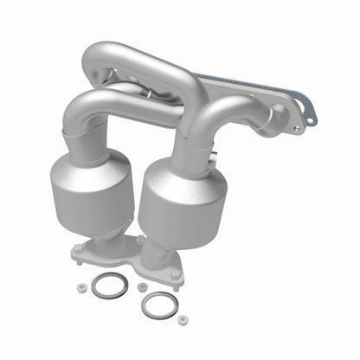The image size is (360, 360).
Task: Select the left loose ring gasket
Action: [x=109, y=287]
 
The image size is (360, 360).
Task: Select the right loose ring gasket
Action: [x=157, y=304]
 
